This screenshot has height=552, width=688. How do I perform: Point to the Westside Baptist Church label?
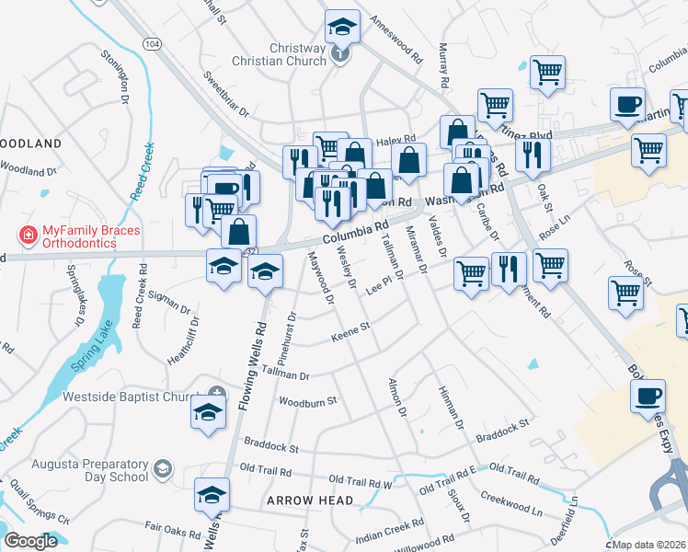(132, 397)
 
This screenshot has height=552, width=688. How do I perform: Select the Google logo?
(30, 541)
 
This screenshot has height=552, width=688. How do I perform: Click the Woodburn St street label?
(308, 401)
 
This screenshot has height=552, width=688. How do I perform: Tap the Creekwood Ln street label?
(510, 502)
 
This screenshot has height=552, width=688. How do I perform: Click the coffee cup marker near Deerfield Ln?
(647, 397)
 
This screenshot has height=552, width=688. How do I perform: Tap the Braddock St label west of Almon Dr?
(269, 449)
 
